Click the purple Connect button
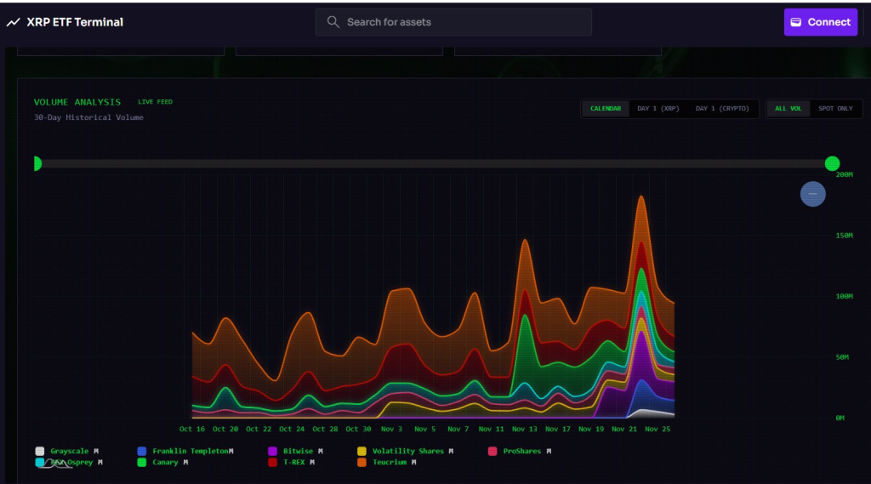[x=821, y=22]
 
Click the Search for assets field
[x=453, y=22]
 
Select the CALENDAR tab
[x=606, y=109]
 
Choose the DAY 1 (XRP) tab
[x=658, y=109]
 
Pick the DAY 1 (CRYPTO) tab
[x=722, y=109]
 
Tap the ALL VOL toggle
[x=788, y=109]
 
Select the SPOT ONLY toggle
[x=835, y=109]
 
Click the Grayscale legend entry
[x=69, y=451]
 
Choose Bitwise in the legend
[x=297, y=451]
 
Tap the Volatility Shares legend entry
[x=407, y=451]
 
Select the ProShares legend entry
[x=521, y=451]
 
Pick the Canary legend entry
[x=165, y=463]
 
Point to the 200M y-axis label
[x=844, y=174]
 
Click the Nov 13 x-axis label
[x=525, y=430]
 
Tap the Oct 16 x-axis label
[x=192, y=430]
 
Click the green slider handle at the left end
[x=36, y=163]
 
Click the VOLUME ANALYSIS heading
[x=77, y=102]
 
